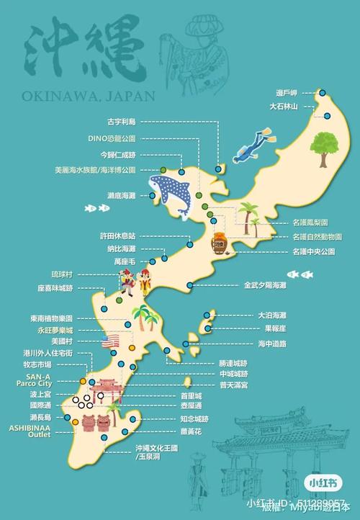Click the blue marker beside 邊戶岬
323,93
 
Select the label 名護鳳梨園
310,223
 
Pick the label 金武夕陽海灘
264,285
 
